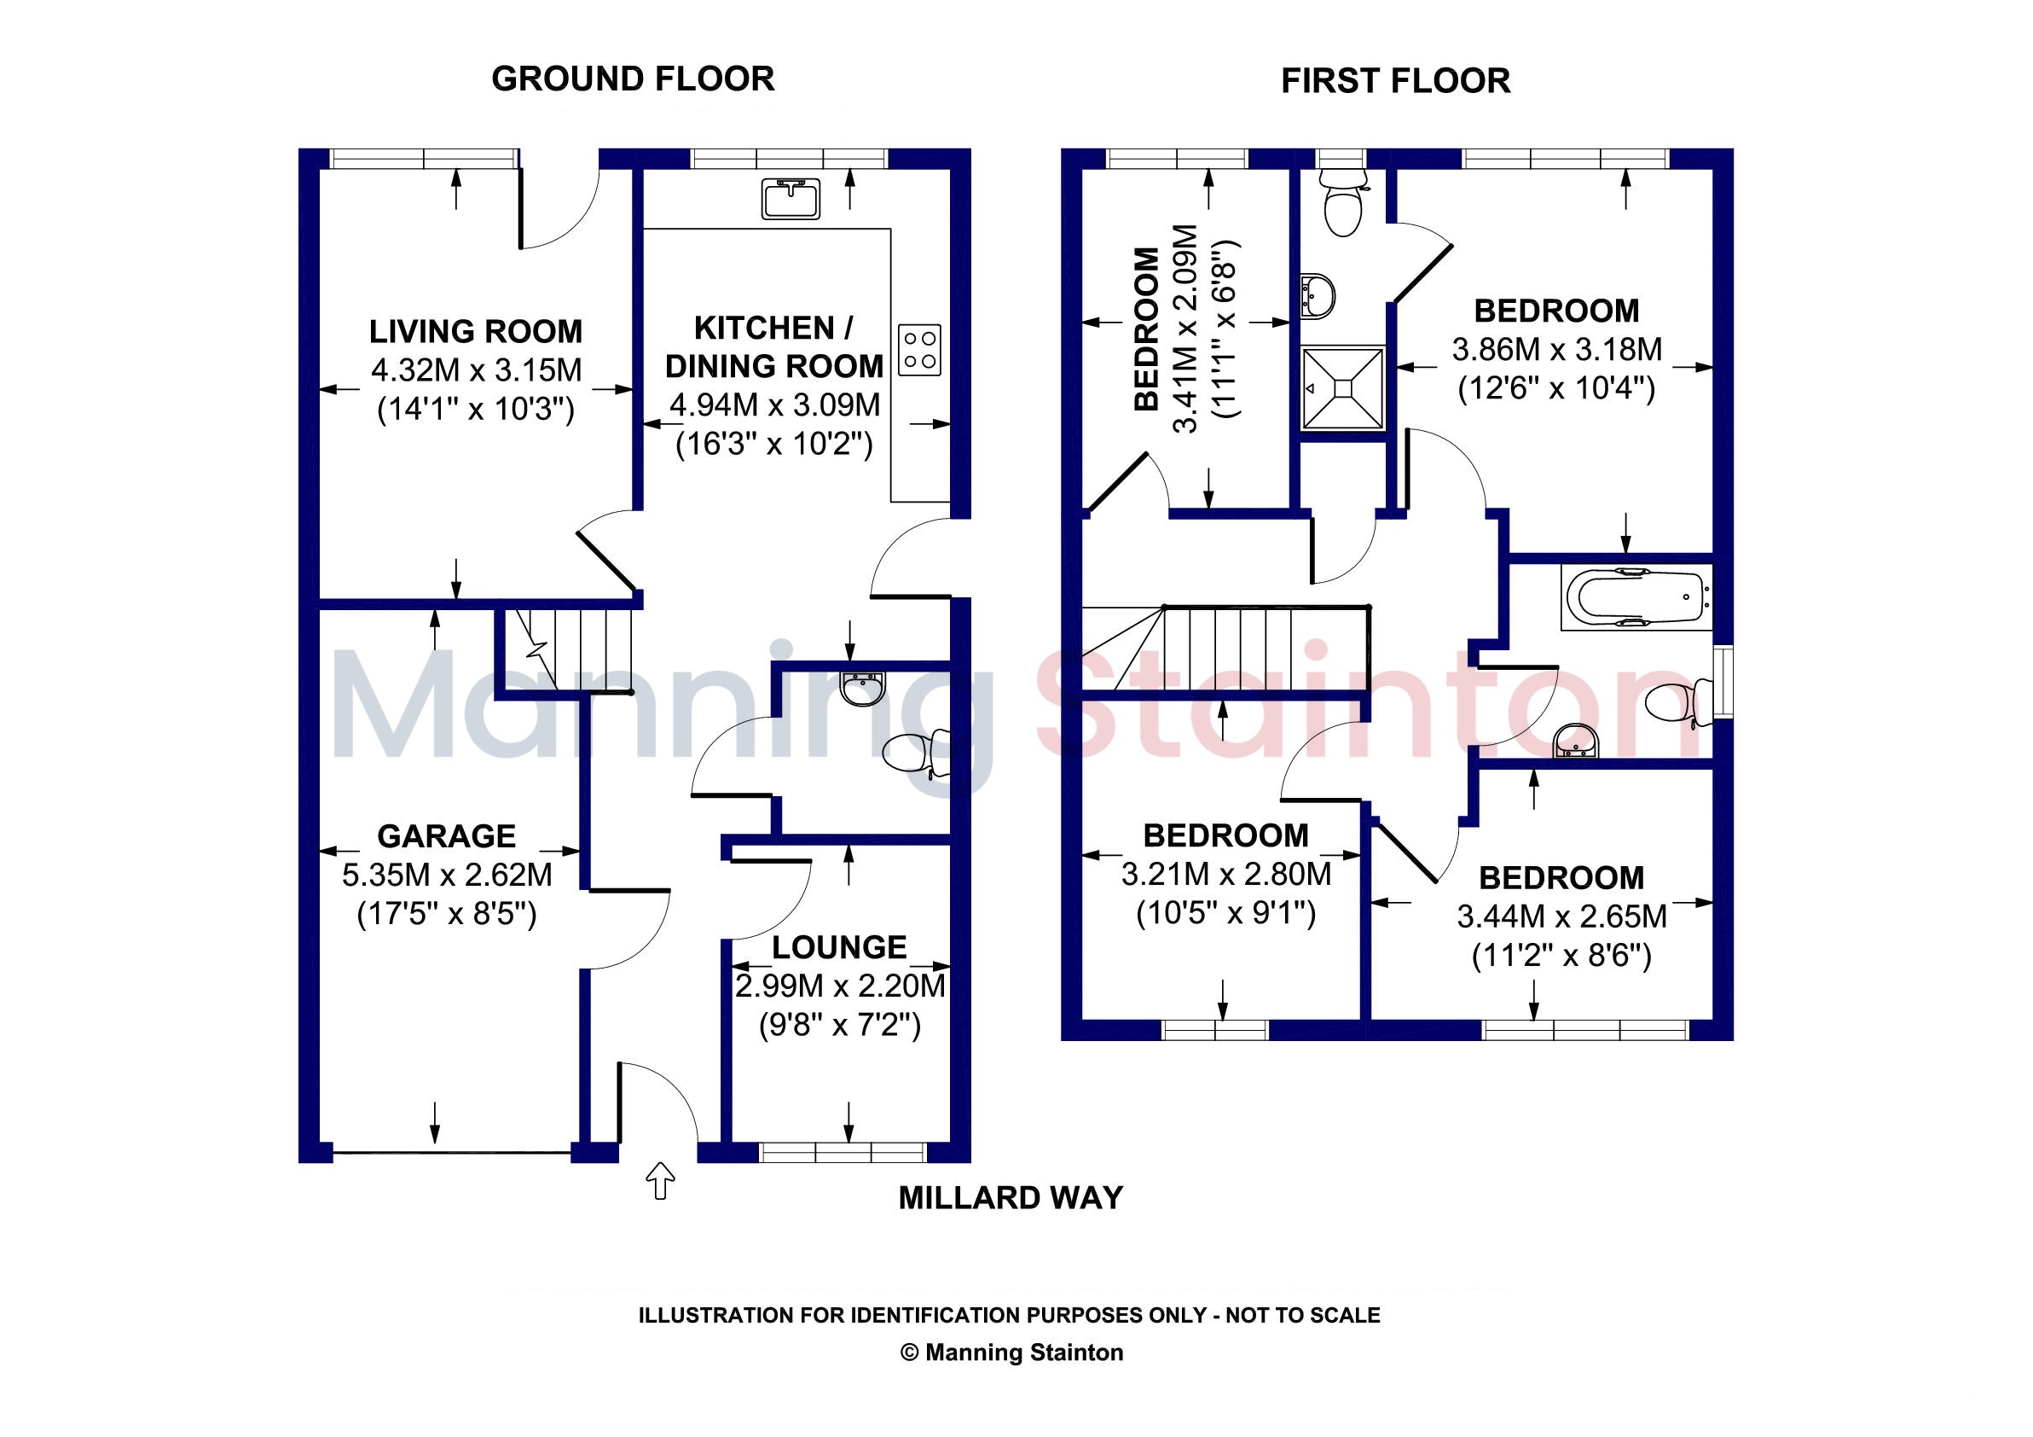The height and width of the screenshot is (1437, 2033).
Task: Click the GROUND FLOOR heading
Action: coord(633,79)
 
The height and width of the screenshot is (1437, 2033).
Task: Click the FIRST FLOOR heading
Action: coord(1395,80)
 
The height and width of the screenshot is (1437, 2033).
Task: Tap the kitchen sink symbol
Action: coord(791,199)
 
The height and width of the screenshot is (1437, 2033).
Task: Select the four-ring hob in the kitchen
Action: coord(920,350)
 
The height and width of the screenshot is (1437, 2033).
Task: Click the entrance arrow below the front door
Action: coord(661,1180)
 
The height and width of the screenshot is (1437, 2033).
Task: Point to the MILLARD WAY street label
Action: coord(1011,1198)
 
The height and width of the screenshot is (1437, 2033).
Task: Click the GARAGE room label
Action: coord(446,835)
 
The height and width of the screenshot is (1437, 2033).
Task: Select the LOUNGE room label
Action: coord(839,947)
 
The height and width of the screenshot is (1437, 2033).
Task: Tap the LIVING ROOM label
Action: coord(476,331)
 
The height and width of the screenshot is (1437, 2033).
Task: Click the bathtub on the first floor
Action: coord(1636,597)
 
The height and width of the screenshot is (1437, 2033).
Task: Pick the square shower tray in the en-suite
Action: coord(1342,388)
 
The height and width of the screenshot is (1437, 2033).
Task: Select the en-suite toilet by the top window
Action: coord(1342,202)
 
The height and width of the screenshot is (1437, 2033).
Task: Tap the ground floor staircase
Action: coord(567,649)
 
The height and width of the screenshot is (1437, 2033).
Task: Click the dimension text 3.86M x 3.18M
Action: coord(1556,350)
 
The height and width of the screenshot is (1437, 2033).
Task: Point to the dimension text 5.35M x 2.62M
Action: coord(447,875)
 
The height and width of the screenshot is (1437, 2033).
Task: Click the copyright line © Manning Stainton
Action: coord(1011,1352)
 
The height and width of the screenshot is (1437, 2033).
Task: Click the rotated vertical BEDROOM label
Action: coord(1147,329)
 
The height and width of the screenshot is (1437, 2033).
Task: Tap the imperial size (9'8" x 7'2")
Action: coord(839,1025)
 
